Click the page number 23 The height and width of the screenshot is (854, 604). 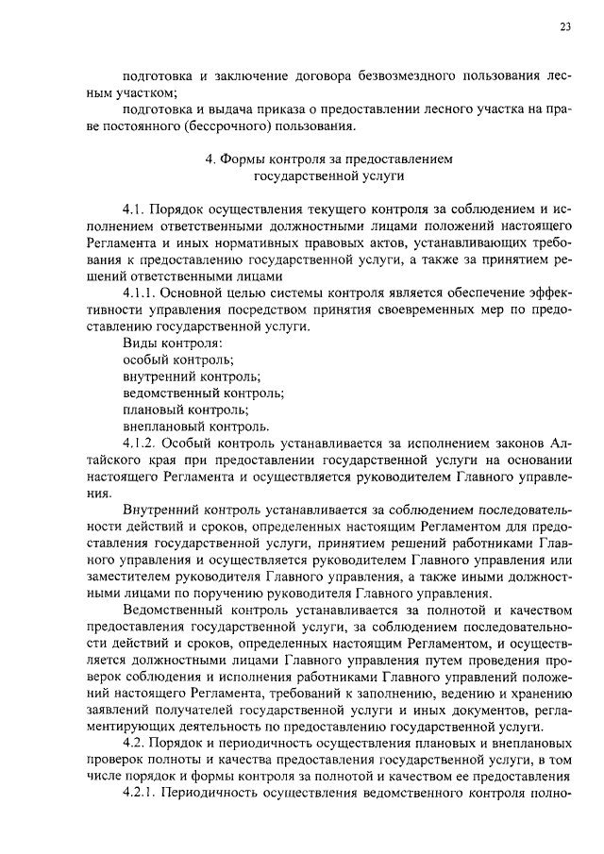coord(564,27)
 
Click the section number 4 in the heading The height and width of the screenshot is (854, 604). coord(210,159)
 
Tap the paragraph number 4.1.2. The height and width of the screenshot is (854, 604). coord(142,442)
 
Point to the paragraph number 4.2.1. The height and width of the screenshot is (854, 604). coord(142,793)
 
